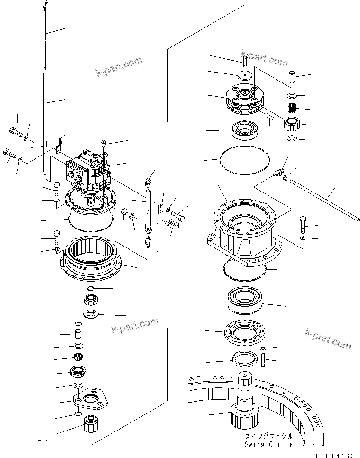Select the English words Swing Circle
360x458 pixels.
268,444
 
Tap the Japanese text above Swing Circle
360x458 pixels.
268,435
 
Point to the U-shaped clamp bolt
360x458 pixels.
171,226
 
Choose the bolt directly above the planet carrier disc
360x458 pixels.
245,61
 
